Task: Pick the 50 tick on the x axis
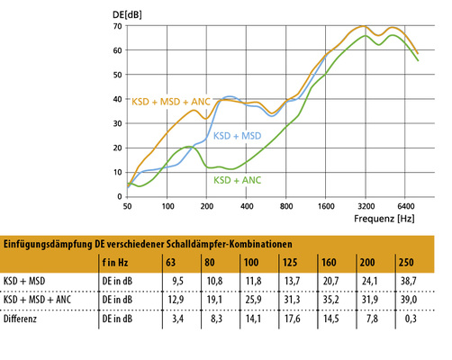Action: coord(128,206)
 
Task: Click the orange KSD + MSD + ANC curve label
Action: coord(171,103)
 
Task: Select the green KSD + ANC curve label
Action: coord(238,180)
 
